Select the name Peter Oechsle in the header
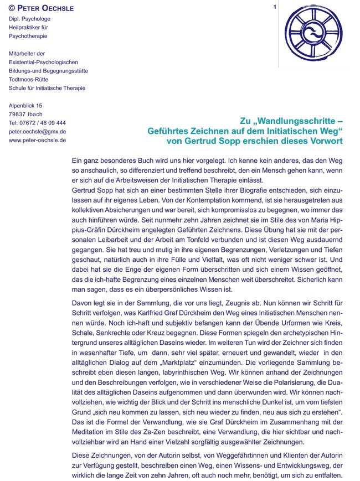point(45,9)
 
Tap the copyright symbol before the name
point(12,9)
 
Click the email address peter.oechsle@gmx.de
point(38,132)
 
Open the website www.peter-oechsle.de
point(38,140)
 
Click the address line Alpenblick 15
point(25,105)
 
